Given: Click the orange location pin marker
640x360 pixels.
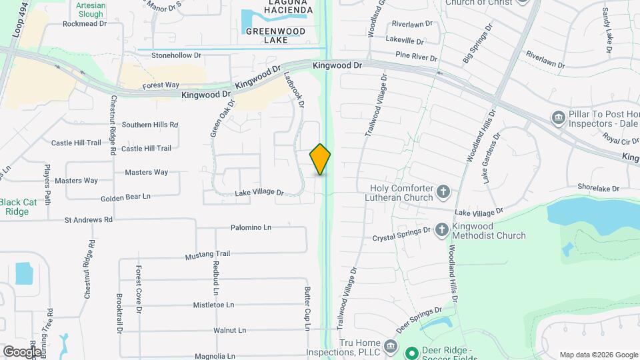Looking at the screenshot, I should (x=320, y=159).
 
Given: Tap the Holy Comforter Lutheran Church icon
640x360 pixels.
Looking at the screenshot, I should (x=444, y=193).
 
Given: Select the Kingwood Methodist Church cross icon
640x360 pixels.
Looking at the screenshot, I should (x=441, y=231).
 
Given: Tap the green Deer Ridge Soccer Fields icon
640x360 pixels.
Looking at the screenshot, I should (x=412, y=352).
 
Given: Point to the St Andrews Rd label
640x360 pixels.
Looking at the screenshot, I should (x=89, y=219).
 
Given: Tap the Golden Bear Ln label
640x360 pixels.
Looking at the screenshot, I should (x=126, y=197).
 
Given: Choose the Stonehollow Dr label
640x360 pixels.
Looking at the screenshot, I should (x=176, y=55).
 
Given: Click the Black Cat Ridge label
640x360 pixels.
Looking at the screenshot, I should (x=17, y=207).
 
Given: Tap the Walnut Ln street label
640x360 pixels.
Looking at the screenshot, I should (x=230, y=330).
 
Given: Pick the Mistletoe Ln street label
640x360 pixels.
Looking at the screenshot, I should (x=213, y=305).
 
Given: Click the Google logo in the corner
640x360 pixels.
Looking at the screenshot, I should (x=22, y=351).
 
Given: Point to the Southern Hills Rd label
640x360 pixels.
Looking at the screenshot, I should (x=150, y=125).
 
